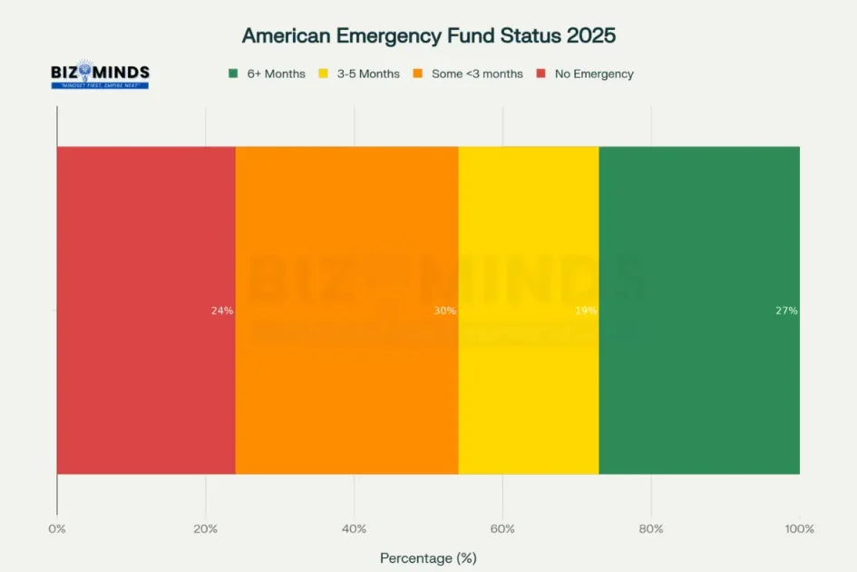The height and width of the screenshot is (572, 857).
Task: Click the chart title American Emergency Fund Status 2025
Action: [428, 35]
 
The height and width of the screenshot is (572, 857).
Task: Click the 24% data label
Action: [222, 311]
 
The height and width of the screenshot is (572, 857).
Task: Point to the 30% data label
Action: [444, 311]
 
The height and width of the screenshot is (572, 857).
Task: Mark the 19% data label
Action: [586, 311]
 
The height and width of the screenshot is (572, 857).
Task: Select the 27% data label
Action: [786, 311]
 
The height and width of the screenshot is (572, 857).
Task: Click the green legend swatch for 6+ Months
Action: [233, 74]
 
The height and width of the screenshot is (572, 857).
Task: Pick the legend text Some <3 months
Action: [477, 74]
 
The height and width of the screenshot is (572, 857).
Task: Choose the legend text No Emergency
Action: [594, 74]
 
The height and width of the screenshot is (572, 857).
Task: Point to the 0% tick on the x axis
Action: [57, 529]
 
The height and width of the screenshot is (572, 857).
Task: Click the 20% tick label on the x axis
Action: [206, 529]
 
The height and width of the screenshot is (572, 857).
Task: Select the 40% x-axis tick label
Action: [354, 529]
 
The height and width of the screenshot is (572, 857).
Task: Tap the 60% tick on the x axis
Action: [502, 529]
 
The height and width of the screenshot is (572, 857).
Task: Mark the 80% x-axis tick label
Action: [651, 529]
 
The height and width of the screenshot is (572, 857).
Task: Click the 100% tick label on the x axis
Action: [799, 529]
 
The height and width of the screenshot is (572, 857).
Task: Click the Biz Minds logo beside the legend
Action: [100, 74]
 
